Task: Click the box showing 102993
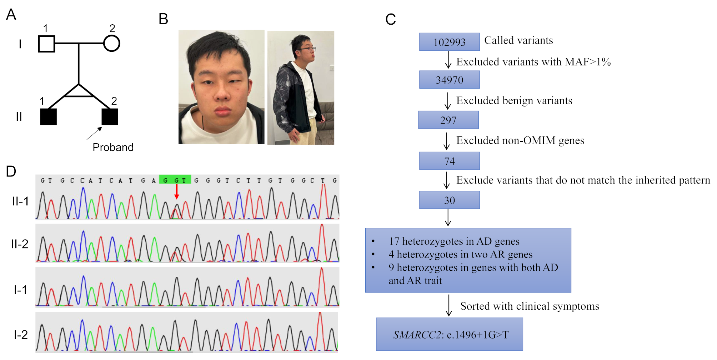tap(449, 42)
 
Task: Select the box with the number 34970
tap(449, 80)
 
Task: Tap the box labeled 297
tap(448, 120)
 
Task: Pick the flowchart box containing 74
tap(449, 161)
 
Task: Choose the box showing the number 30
tap(449, 200)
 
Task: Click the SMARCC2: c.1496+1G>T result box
tap(449, 334)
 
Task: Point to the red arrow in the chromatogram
tap(176, 191)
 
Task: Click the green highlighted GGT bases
tap(175, 180)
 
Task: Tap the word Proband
tap(113, 147)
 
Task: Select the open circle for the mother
tap(111, 44)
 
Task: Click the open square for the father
tap(46, 44)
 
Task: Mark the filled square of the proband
tap(110, 117)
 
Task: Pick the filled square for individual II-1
tap(48, 117)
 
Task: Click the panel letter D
tap(11, 171)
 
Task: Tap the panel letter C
tap(390, 19)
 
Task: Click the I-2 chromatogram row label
tap(20, 335)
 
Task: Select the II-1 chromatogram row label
tap(20, 201)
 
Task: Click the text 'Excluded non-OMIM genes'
tap(520, 140)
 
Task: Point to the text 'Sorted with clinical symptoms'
tap(530, 306)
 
